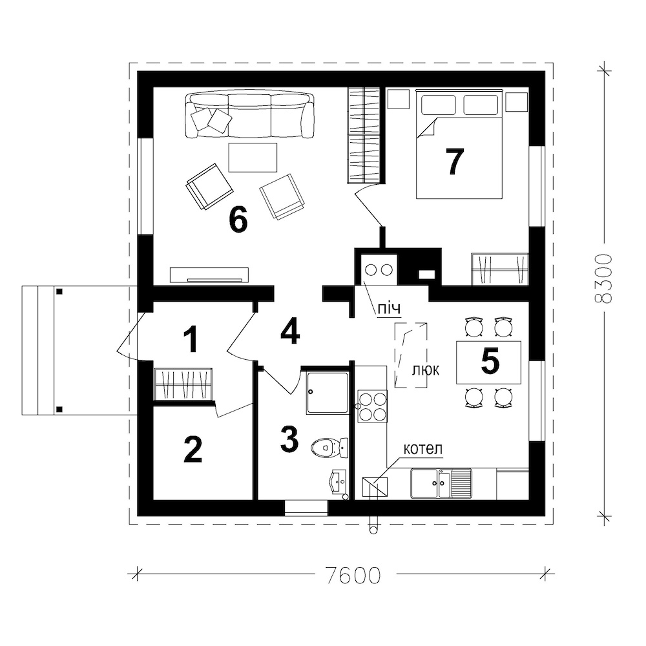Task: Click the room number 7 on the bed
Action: (454, 161)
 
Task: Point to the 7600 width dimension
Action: (353, 574)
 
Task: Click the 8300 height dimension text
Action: (603, 279)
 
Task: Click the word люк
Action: (426, 370)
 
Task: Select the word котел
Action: (422, 448)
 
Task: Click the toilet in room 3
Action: (329, 448)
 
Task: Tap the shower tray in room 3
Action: (328, 393)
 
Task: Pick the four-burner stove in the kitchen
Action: (372, 406)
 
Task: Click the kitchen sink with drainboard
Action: (441, 483)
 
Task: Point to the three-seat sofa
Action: (249, 115)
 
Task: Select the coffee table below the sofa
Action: (253, 158)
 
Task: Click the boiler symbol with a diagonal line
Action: (375, 486)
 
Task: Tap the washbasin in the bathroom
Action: (340, 481)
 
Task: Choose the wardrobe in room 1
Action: (183, 384)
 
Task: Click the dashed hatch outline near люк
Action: (411, 355)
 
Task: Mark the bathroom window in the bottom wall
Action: (306, 508)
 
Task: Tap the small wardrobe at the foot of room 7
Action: (500, 269)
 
